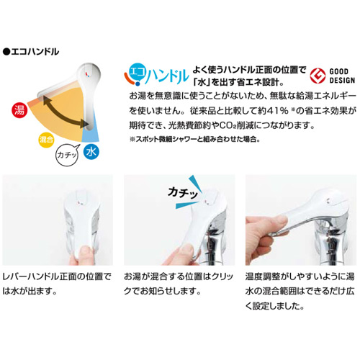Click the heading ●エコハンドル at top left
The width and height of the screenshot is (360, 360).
click(32, 52)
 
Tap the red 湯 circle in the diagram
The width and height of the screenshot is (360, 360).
click(19, 110)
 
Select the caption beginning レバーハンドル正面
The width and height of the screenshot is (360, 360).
click(58, 282)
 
